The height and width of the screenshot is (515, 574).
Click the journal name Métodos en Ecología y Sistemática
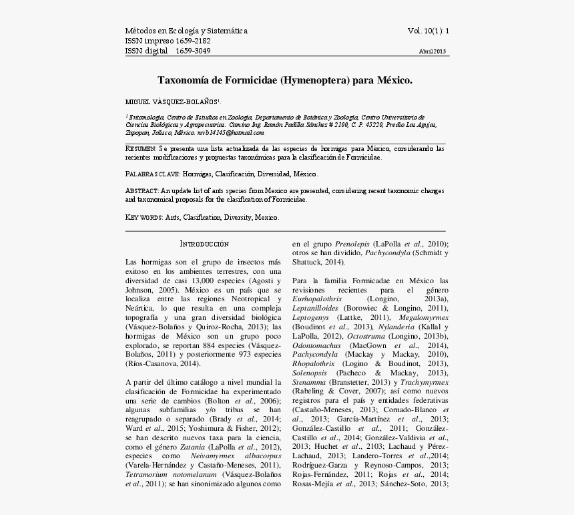pos(186,31)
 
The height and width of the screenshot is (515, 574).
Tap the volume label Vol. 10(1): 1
pos(428,31)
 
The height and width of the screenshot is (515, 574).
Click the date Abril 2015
pos(433,51)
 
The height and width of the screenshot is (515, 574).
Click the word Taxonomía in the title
pos(183,80)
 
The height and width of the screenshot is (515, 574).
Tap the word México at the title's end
pos(394,80)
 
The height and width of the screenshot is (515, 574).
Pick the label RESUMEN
pos(141,148)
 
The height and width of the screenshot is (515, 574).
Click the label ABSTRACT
pos(142,191)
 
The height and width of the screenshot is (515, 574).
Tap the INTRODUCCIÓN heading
pos(205,244)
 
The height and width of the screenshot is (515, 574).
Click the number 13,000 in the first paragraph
pos(207,282)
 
